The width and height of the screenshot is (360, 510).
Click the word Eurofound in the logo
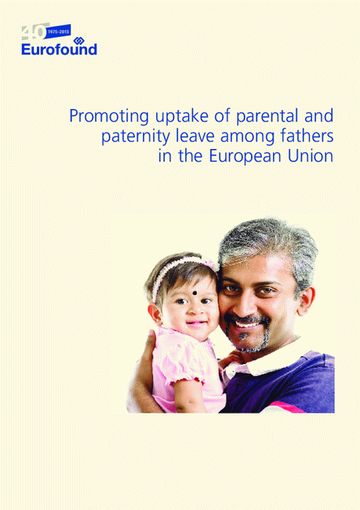(x=59, y=49)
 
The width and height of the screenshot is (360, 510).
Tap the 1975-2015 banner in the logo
(x=59, y=32)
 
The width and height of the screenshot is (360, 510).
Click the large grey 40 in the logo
(x=34, y=32)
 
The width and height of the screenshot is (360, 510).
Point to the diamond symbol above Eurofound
(x=78, y=40)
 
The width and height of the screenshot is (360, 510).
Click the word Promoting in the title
(x=109, y=116)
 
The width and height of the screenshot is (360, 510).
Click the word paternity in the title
(x=135, y=137)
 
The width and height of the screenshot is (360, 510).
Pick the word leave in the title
(x=195, y=137)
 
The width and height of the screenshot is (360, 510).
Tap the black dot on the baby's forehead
(x=195, y=293)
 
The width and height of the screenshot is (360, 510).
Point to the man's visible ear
(x=306, y=301)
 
